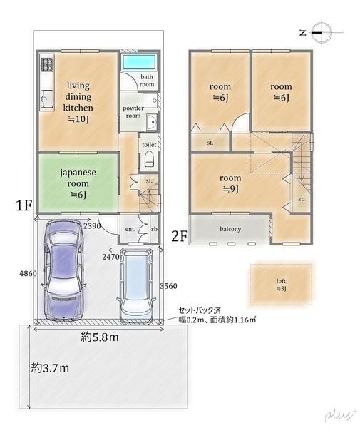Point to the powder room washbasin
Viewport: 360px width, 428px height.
[x=150, y=123]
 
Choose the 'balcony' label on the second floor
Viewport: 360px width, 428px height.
[x=230, y=229]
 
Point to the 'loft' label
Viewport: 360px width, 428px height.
[x=281, y=284]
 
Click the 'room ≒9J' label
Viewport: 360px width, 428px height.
[x=230, y=183]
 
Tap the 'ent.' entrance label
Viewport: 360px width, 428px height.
[x=130, y=229]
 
